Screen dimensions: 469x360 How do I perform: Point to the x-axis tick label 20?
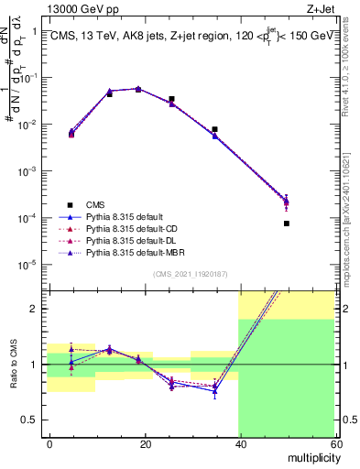145,443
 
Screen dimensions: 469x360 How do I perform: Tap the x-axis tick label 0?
50,443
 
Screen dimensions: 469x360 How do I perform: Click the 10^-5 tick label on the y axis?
27,266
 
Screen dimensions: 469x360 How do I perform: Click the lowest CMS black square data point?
286,224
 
